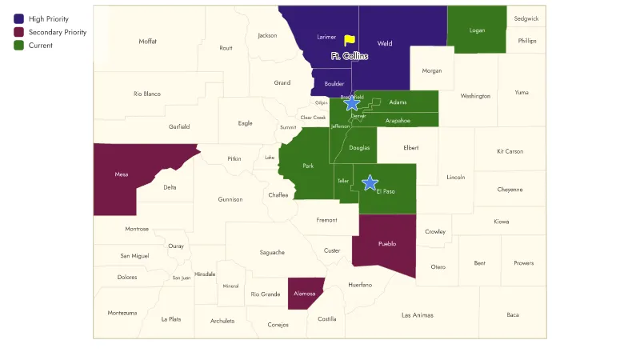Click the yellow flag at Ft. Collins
[350, 40]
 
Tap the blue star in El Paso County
[370, 182]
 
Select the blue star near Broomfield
[351, 102]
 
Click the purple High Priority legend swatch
[18, 18]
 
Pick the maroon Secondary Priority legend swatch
[18, 32]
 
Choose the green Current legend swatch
[18, 46]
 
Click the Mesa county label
[122, 174]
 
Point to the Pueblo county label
[387, 244]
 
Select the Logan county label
[477, 30]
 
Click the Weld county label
[384, 44]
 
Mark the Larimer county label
[326, 37]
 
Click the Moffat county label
[148, 42]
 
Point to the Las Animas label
[417, 315]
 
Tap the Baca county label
[513, 315]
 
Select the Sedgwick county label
[526, 18]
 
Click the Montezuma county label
[122, 313]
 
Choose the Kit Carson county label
[510, 151]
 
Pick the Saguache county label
[272, 253]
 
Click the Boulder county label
[334, 83]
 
